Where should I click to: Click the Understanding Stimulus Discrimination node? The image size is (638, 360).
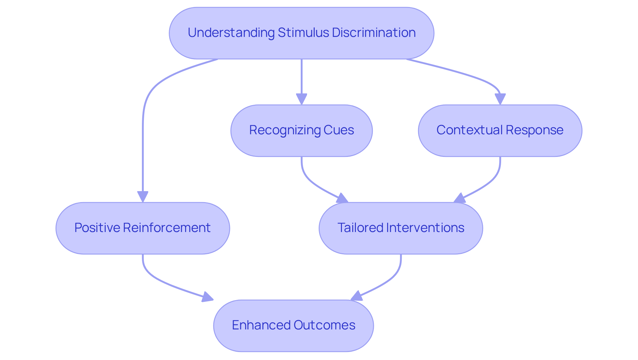pos(301,33)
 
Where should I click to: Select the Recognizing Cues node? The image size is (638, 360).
pos(301,130)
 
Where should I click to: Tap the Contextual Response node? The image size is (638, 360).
pos(500,130)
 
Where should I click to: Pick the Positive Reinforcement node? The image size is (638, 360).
pos(143,228)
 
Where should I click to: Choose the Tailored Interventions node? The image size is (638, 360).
pos(401,228)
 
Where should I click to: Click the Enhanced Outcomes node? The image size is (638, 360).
pos(293,325)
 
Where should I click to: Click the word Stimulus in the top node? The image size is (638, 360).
pos(303,33)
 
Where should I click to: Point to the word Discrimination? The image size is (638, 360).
pos(373,33)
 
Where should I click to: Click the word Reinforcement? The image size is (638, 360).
pos(166,228)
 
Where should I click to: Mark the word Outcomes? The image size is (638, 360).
pos(324,325)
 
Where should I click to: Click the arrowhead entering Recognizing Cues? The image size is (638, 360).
pos(301,99)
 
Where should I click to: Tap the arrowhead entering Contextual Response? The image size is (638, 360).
pos(500,99)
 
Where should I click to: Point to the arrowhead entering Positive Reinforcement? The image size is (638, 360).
pos(143,196)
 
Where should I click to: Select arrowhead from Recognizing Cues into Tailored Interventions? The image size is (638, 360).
pos(342,199)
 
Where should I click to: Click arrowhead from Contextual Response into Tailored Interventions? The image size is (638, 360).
pos(460,198)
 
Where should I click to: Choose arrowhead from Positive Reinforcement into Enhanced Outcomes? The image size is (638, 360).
pos(208,297)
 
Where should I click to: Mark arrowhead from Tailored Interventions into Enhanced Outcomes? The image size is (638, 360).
pos(357,296)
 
